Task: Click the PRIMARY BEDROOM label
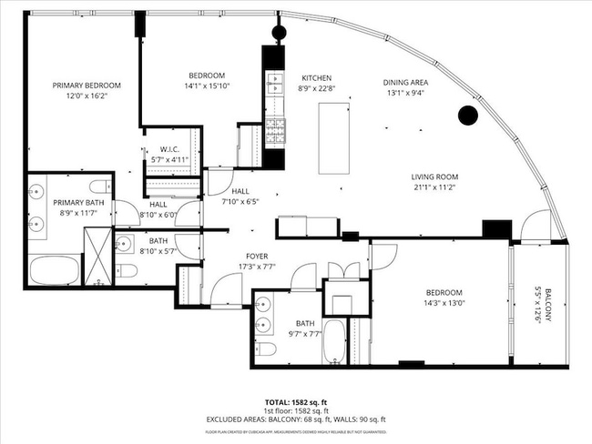(86, 85)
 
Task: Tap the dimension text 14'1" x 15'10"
(207, 87)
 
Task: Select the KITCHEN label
(317, 78)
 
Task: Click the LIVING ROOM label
(434, 177)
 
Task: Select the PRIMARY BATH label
(78, 202)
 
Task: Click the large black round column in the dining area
(467, 116)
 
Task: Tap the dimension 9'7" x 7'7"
(305, 334)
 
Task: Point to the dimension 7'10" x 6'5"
(240, 202)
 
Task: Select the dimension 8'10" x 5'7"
(158, 250)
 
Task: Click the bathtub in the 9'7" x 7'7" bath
(335, 343)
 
